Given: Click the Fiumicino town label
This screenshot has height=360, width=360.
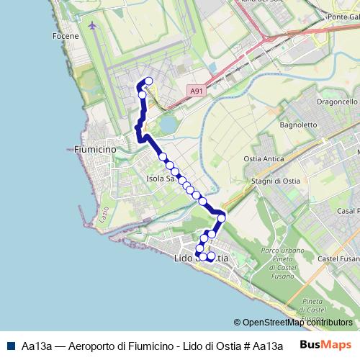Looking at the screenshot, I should (x=95, y=148).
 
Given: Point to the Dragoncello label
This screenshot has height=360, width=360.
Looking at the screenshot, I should (x=335, y=102).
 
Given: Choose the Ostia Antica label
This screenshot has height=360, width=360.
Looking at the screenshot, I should (x=264, y=158).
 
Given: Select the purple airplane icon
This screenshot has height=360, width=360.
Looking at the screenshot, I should (x=91, y=26).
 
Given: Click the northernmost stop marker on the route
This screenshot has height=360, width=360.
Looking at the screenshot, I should (x=149, y=81).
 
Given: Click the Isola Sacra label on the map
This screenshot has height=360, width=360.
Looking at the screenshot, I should (x=160, y=178).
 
